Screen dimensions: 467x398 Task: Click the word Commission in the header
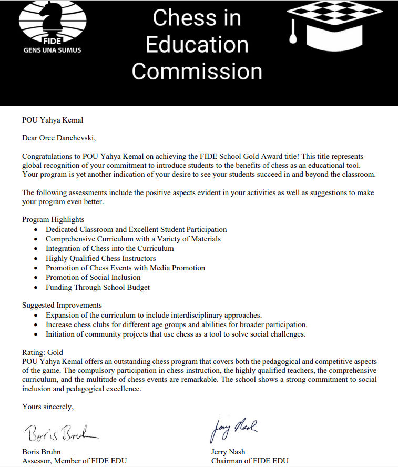click(197, 71)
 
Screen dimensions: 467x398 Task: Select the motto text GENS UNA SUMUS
click(53, 51)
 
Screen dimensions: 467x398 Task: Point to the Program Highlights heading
click(53, 219)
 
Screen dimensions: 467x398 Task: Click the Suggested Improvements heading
click(62, 305)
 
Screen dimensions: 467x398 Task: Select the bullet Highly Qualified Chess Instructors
click(100, 258)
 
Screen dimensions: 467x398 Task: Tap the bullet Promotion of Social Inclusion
click(93, 277)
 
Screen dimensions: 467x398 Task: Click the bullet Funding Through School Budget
click(98, 287)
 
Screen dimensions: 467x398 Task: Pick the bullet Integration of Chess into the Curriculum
click(109, 248)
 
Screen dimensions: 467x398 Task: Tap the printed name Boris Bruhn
click(42, 452)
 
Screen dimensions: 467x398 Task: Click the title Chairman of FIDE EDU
click(249, 461)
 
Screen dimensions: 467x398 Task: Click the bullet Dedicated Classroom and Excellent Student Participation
click(136, 229)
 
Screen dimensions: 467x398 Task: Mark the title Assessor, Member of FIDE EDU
click(74, 461)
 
